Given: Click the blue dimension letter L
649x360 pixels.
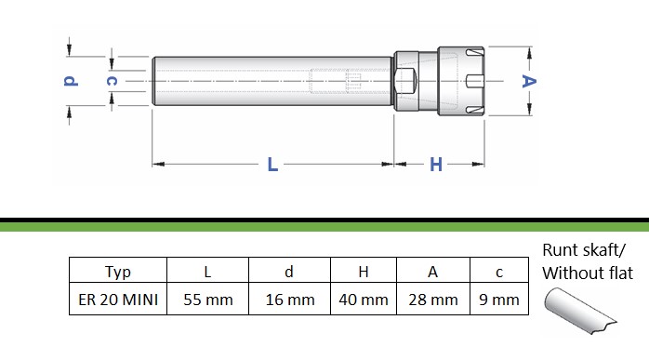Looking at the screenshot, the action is (272, 165).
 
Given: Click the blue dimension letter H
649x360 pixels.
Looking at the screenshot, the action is (436, 165).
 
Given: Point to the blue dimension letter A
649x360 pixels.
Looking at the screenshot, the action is (529, 81).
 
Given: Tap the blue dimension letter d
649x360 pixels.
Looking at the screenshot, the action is (71, 81).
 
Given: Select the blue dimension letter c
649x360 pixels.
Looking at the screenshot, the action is (112, 81).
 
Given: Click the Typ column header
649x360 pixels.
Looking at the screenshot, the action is (118, 273).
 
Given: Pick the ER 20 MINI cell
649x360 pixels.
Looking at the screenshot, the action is (118, 300).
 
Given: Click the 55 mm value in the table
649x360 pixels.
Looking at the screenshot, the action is (208, 300).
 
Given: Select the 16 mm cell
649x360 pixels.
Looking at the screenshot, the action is (290, 300).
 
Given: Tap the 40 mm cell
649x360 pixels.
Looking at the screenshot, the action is (364, 300).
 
